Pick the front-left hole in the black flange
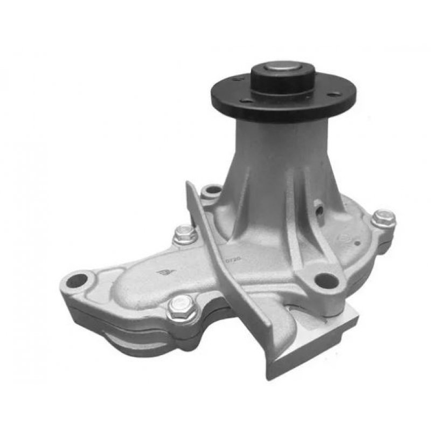pos(246,101)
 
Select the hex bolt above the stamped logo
pos(184,233)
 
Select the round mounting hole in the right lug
pos(325,280)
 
